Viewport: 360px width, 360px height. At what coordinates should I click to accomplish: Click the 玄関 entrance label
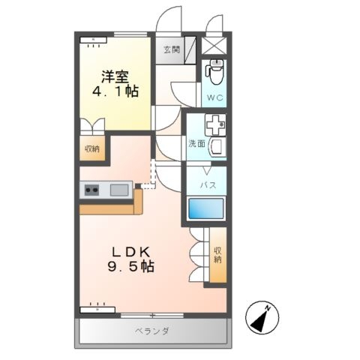[171, 50]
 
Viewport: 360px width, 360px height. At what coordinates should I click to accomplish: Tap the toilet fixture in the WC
[214, 73]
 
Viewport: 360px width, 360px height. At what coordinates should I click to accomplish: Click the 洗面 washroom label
[196, 144]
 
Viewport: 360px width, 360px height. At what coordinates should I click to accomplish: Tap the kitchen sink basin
[120, 190]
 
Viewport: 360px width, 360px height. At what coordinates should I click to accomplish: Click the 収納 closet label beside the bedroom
[91, 149]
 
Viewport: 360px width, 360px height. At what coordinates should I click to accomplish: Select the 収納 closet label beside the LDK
[217, 256]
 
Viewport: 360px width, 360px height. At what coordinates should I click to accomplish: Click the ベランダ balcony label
[151, 331]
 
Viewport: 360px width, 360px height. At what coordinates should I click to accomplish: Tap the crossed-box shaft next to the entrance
[214, 46]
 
